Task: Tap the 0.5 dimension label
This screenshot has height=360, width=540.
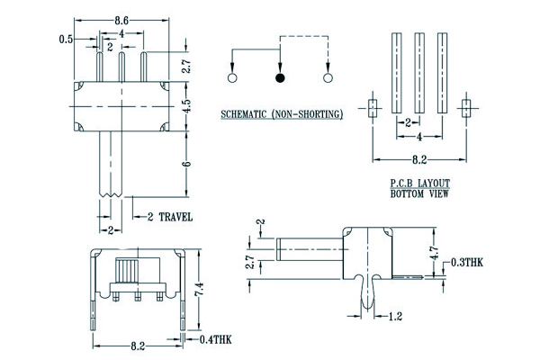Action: coord(66,40)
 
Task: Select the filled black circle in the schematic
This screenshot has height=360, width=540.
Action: coord(281,79)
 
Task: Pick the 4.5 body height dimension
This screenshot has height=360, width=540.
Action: coord(185,103)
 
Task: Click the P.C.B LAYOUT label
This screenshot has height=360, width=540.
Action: coord(418,183)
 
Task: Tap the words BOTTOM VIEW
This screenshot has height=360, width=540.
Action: coord(418,193)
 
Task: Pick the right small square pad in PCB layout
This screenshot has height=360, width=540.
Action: coord(465,108)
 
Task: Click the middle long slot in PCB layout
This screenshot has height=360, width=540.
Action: coord(419,72)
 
